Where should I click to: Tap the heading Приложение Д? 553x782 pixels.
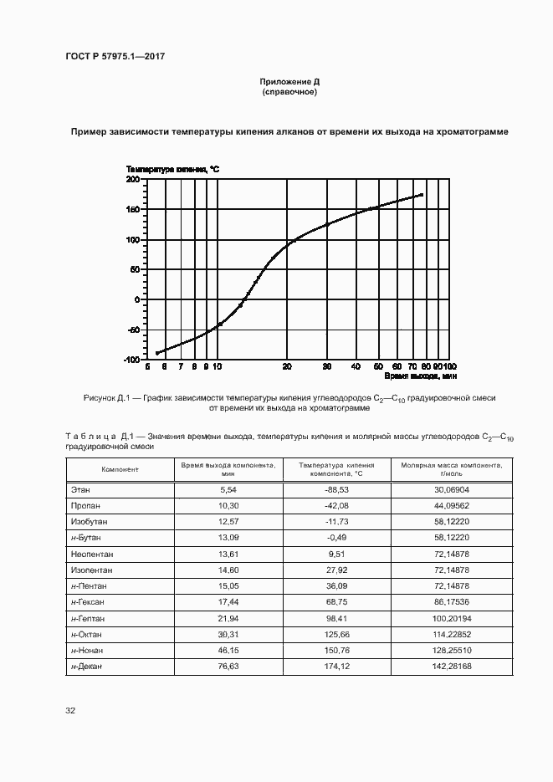(x=289, y=82)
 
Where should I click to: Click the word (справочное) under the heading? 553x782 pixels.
(x=289, y=92)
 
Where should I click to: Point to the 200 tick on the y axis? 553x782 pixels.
(x=131, y=180)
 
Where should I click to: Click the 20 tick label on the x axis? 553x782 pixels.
(x=287, y=366)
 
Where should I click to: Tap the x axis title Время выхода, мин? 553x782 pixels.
(x=420, y=378)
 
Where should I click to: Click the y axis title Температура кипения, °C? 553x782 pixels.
(x=172, y=169)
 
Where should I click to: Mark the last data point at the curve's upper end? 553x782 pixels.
(x=422, y=195)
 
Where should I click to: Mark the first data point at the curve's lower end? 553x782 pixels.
(x=156, y=353)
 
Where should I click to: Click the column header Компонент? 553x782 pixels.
(x=120, y=469)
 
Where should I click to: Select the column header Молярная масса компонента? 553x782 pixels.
(x=451, y=468)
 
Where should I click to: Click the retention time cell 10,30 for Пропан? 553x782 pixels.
(x=229, y=505)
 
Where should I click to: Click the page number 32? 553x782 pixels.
(x=70, y=711)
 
